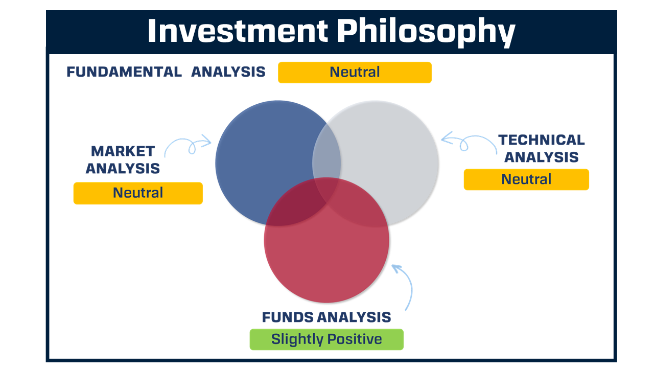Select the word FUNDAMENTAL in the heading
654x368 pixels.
(124, 72)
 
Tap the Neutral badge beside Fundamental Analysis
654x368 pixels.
(355, 73)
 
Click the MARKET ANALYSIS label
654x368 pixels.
(123, 159)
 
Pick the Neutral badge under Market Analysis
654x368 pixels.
(138, 193)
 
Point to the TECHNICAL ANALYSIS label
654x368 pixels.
(542, 148)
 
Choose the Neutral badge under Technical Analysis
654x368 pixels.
(526, 179)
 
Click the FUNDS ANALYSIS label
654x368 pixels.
(326, 317)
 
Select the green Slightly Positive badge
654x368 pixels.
(326, 339)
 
